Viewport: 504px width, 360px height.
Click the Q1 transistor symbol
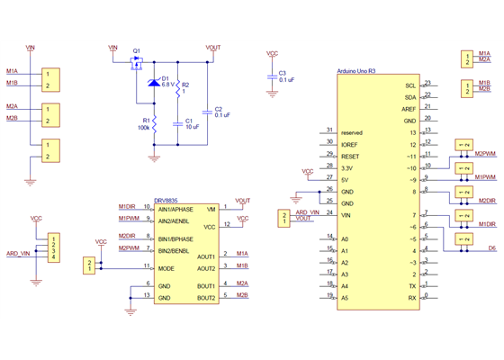point(137,63)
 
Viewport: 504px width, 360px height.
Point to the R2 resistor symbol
point(178,86)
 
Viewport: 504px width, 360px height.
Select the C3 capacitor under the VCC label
point(272,77)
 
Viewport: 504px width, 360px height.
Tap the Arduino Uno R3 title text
point(361,70)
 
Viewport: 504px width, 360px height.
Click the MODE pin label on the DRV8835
point(166,267)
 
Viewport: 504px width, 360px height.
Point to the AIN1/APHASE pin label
point(176,208)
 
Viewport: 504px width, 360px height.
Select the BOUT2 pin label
point(206,297)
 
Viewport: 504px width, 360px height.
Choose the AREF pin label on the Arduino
point(409,109)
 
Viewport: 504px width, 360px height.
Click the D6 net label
point(491,247)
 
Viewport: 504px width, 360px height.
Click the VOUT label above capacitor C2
point(213,46)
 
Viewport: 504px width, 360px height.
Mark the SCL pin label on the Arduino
point(410,85)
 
